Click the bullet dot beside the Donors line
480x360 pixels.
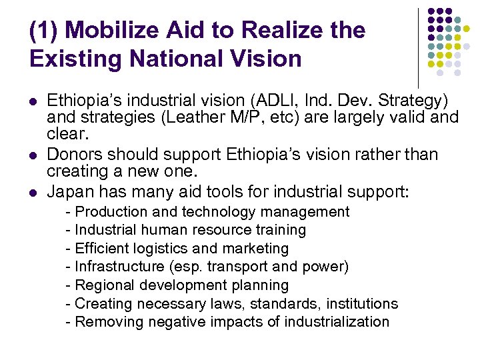coord(33,155)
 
